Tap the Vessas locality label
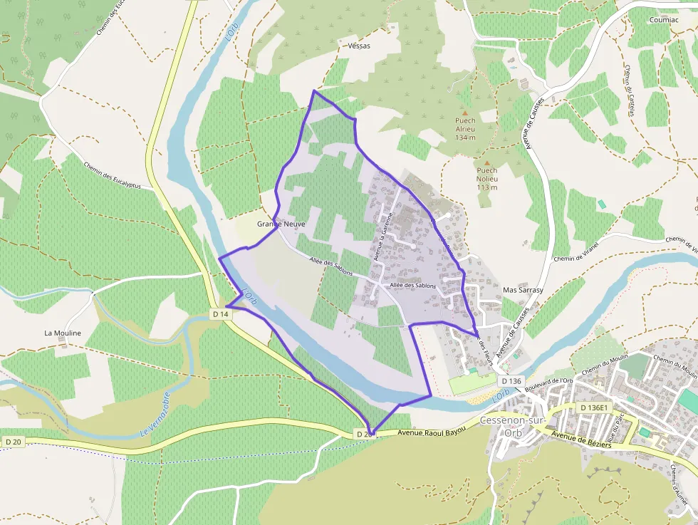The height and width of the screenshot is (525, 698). pos(360,45)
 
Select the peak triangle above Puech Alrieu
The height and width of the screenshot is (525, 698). pos(465,113)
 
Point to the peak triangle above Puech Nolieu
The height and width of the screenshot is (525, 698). pos(487,162)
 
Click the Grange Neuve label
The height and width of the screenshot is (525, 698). pos(281,224)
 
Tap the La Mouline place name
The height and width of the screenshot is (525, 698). pos(63,333)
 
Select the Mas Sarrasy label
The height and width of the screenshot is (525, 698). pos(523,290)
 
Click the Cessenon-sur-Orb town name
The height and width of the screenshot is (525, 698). pos(513,427)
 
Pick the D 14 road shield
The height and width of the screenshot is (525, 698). pos(221,313)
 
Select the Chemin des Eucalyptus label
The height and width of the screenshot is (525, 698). pos(112,175)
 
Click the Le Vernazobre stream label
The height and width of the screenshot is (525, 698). pos(155,414)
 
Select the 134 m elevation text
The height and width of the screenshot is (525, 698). pos(465,137)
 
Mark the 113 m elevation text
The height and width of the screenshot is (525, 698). pos(487,187)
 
